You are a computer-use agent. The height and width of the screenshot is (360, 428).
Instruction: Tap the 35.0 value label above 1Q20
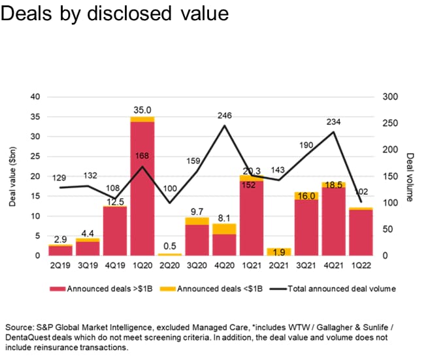coord(142,111)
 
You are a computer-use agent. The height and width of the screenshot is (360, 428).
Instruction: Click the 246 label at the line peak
coord(225,116)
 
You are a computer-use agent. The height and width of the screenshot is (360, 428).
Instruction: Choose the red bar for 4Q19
coord(114,231)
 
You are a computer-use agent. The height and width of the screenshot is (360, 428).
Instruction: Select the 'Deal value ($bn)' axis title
coord(12,176)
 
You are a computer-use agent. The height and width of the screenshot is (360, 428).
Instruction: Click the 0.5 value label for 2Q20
coord(170,246)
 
